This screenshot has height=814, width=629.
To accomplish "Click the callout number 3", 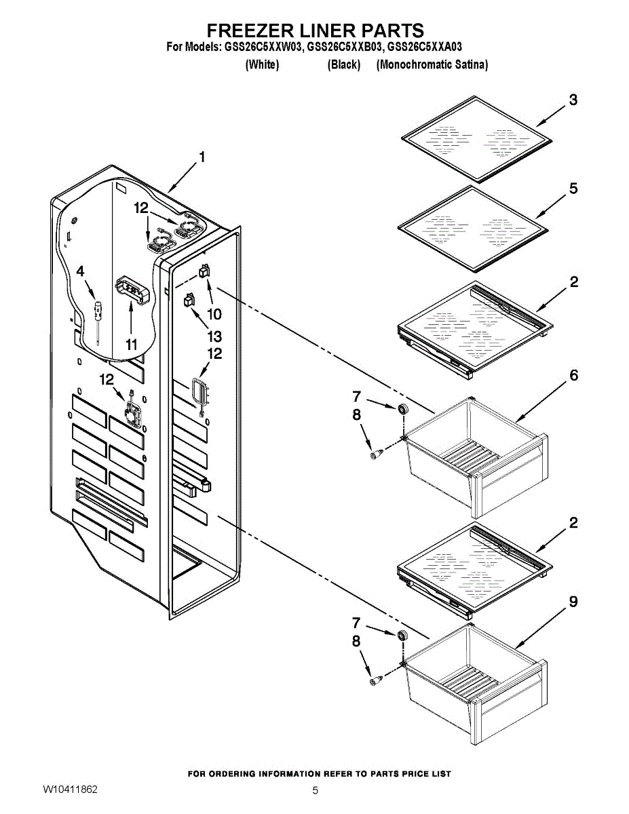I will pyautogui.click(x=573, y=100).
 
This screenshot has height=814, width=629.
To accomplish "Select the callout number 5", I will pyautogui.click(x=573, y=189).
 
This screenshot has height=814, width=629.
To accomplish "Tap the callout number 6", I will pyautogui.click(x=574, y=375).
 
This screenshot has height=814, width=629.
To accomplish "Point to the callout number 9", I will pyautogui.click(x=573, y=602).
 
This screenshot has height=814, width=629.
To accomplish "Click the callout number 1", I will pyautogui.click(x=201, y=158).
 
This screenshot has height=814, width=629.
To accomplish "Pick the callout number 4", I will pyautogui.click(x=81, y=271).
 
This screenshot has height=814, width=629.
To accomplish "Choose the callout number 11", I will pyautogui.click(x=132, y=345).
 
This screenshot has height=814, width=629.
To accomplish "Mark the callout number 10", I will pyautogui.click(x=214, y=314).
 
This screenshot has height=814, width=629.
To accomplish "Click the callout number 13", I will pyautogui.click(x=214, y=336).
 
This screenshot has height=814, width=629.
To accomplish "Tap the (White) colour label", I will pyautogui.click(x=262, y=65).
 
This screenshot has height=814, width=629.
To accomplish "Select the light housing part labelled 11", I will pyautogui.click(x=132, y=289).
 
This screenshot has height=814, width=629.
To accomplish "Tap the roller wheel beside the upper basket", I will pyautogui.click(x=402, y=409).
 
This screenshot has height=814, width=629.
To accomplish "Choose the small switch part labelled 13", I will pyautogui.click(x=189, y=299).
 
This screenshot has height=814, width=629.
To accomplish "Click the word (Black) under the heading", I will pyautogui.click(x=343, y=65).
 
